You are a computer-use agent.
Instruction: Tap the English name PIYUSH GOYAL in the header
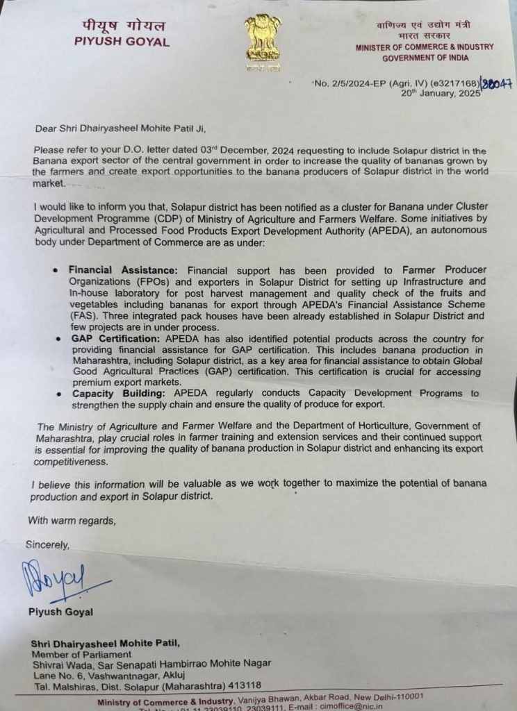(x=122, y=42)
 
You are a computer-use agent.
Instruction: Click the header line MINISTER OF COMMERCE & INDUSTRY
(x=425, y=47)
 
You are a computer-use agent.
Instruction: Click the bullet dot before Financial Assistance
(x=55, y=270)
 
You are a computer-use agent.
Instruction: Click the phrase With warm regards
(x=72, y=520)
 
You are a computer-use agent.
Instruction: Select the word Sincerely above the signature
(x=48, y=544)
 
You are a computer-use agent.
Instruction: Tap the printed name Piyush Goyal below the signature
(x=60, y=612)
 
